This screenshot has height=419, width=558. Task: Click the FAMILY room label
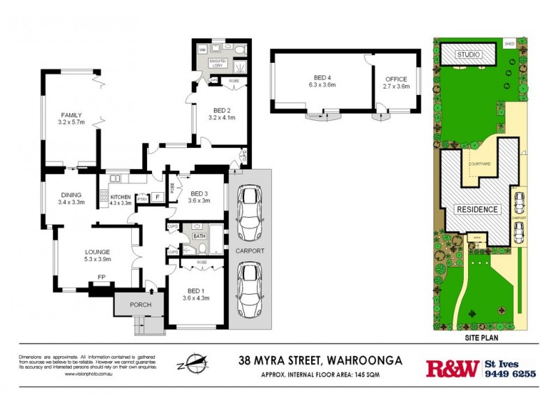click(71, 115)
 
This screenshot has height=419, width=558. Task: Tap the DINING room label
click(70, 195)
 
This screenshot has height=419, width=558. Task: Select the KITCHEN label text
click(119, 197)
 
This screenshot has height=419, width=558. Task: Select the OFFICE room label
click(395, 78)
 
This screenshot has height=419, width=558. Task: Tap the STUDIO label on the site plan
click(471, 54)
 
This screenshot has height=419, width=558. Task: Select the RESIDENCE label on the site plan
click(478, 209)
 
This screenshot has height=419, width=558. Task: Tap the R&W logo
click(452, 367)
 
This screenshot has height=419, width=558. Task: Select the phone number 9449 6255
click(510, 374)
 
